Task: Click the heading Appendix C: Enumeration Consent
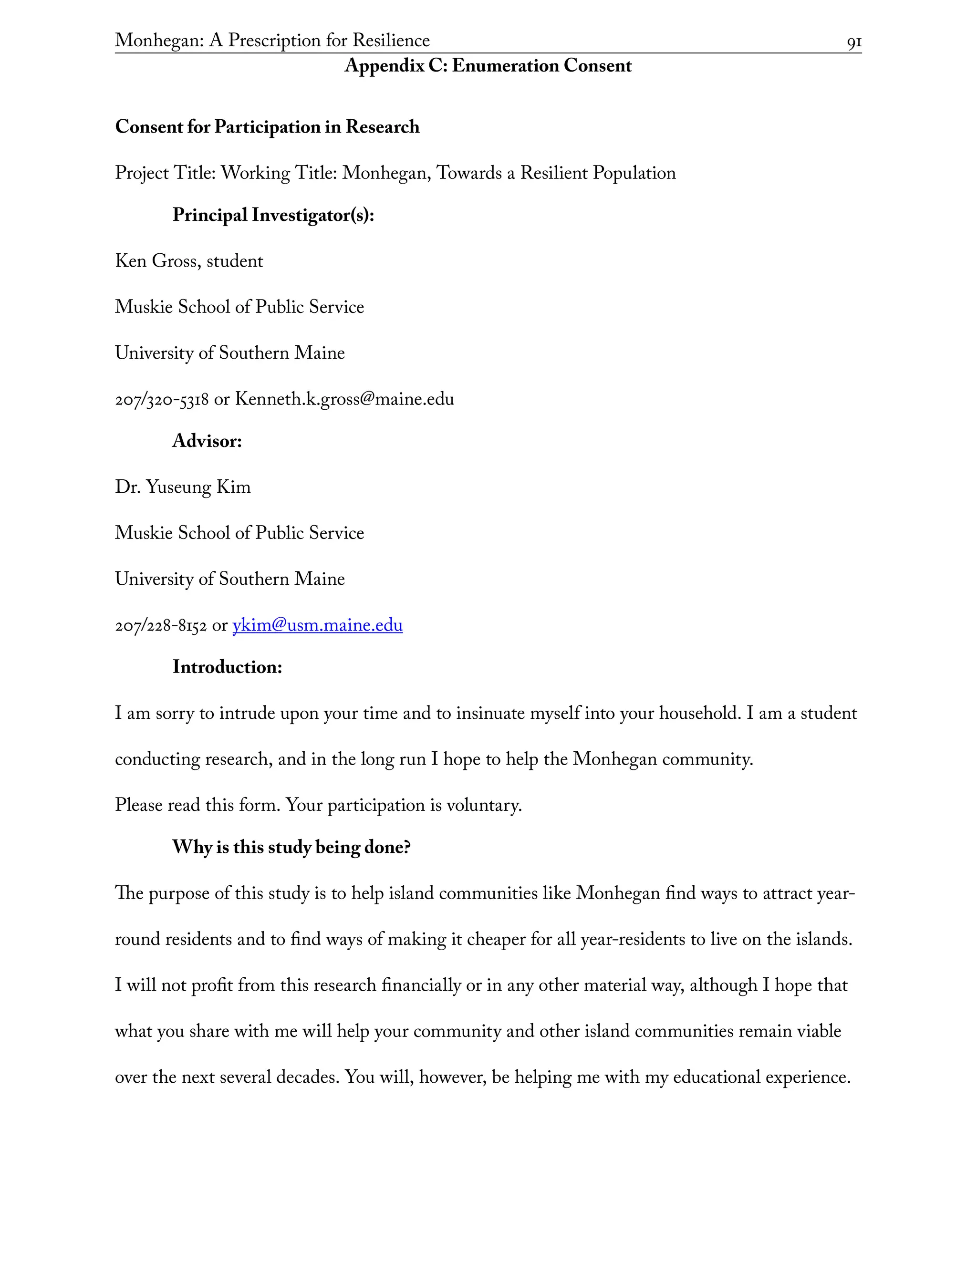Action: [488, 66]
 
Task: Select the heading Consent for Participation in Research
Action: [267, 127]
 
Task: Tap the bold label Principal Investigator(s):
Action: [273, 215]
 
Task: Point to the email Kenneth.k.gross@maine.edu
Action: [344, 399]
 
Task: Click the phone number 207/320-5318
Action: [162, 400]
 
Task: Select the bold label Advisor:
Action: [207, 442]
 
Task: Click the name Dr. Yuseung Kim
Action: [183, 487]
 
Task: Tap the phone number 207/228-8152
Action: [160, 626]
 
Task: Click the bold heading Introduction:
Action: [227, 667]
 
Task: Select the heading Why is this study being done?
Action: [291, 847]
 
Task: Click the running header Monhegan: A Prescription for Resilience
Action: [272, 41]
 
